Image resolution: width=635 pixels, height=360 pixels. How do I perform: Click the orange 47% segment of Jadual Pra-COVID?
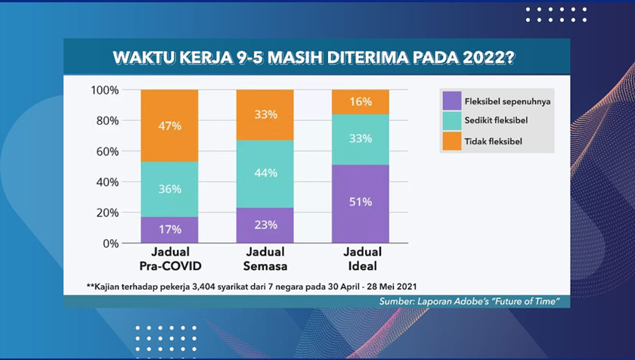tap(169, 126)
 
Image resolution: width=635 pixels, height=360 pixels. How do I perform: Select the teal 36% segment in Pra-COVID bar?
tap(169, 189)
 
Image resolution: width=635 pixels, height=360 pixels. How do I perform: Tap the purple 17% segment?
tap(169, 230)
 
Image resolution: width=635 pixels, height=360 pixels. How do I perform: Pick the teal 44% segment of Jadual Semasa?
tap(265, 174)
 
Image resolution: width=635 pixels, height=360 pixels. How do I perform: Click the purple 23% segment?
tap(265, 225)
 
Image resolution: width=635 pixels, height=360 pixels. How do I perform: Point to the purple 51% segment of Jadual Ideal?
tap(361, 203)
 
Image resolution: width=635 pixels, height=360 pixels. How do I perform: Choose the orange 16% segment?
tap(361, 101)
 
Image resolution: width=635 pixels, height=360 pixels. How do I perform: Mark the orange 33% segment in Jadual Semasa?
tap(265, 115)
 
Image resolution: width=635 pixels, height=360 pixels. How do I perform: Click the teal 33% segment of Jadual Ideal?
tap(361, 139)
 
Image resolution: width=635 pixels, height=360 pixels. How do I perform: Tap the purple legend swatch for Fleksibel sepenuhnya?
tap(452, 101)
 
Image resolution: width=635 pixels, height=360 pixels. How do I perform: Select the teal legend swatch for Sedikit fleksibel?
tap(452, 121)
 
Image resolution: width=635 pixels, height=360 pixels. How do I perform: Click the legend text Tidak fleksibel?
tap(493, 141)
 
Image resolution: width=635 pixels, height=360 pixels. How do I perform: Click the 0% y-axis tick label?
tap(110, 244)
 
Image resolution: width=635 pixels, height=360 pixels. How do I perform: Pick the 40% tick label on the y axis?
tap(107, 182)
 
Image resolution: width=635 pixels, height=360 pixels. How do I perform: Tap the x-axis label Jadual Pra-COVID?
tap(171, 259)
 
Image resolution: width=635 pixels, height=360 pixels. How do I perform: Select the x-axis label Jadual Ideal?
tap(362, 259)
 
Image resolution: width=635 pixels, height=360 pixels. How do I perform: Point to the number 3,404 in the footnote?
tap(203, 287)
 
